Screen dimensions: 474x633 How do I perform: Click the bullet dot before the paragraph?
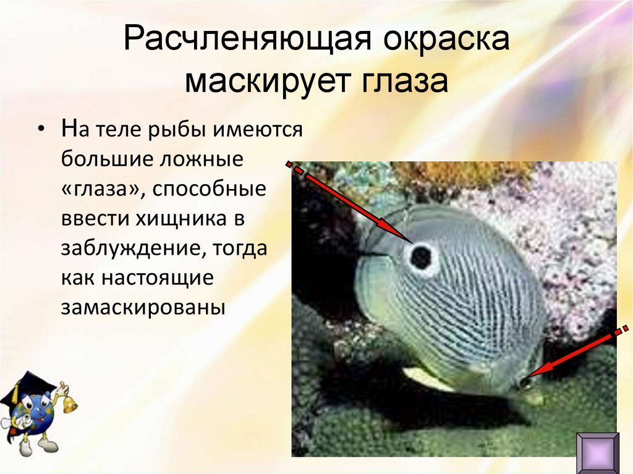(x=41, y=132)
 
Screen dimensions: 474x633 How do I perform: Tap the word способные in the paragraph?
(x=211, y=189)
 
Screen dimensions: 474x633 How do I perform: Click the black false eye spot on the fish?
(x=421, y=257)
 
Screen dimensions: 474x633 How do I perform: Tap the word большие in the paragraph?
(x=105, y=160)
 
